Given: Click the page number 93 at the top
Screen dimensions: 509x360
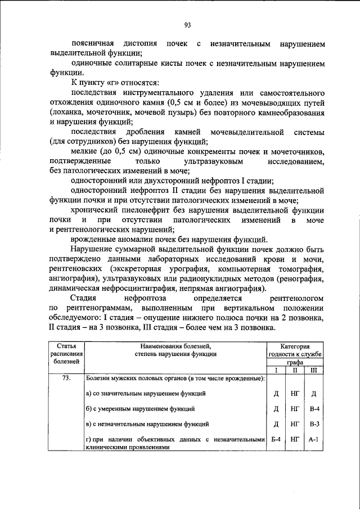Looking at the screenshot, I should [x=188, y=24].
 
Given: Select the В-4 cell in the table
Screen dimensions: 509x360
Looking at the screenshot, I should [x=314, y=408].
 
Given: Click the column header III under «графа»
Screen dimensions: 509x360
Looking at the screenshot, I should [x=314, y=371].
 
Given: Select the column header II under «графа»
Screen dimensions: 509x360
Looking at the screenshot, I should [x=295, y=371].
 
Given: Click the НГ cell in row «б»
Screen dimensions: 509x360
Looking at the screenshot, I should [x=295, y=408].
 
